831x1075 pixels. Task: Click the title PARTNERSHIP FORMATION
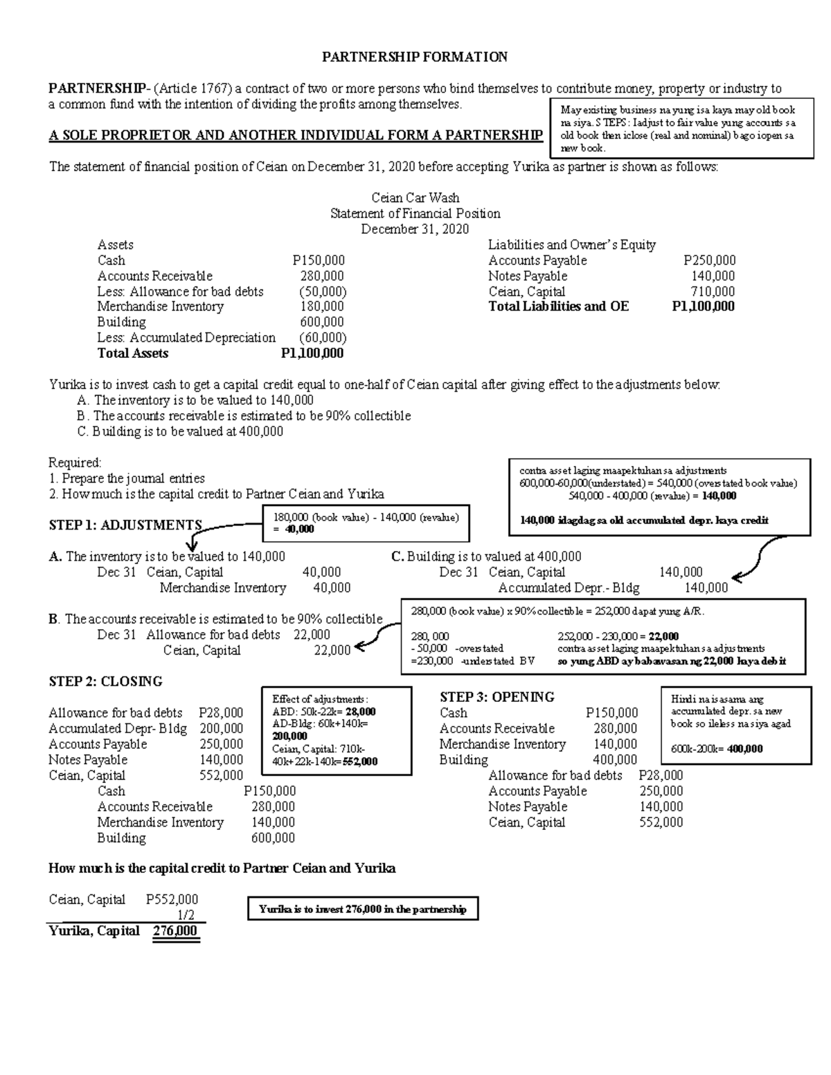pos(415,57)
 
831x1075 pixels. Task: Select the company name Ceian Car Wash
pos(415,198)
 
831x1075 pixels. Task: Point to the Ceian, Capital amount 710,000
pos(713,291)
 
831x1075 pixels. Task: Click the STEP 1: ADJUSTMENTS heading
pos(125,525)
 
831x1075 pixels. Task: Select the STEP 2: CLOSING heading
pos(105,682)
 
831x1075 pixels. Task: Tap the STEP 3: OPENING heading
pos(497,697)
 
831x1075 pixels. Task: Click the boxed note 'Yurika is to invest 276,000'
pos(362,909)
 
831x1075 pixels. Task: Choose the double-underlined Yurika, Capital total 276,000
pos(175,931)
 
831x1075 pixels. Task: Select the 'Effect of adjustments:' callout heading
pos(320,699)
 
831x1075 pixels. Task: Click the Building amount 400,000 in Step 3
pos(615,760)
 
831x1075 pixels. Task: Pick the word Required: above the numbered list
pos(75,462)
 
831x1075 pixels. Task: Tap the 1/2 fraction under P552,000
pos(186,915)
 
